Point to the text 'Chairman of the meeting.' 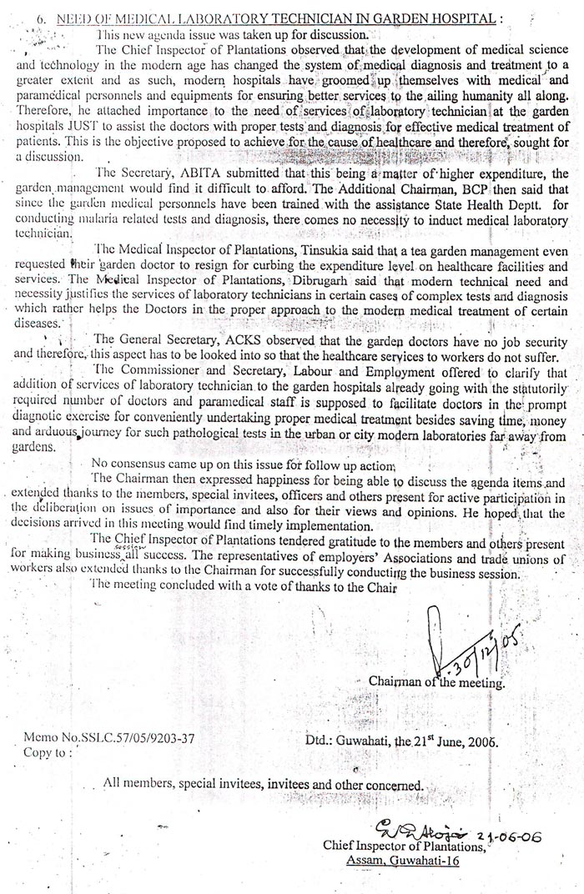tap(436, 682)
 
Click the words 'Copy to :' tap(48, 752)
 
